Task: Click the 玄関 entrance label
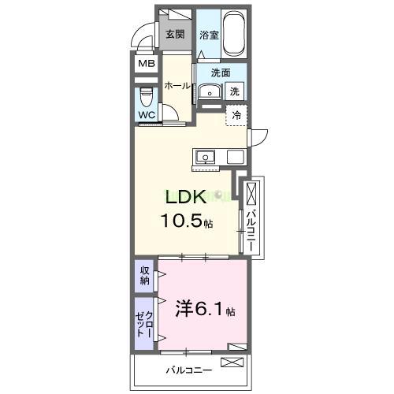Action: point(174,34)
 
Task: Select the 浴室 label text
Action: point(208,35)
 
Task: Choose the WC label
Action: point(147,115)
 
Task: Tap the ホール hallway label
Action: point(177,86)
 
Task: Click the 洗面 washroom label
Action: point(220,72)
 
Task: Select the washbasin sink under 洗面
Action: point(210,91)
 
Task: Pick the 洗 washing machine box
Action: point(235,91)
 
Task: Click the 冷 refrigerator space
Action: point(237,115)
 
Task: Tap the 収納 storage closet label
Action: point(145,276)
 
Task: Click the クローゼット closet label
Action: point(144,323)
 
